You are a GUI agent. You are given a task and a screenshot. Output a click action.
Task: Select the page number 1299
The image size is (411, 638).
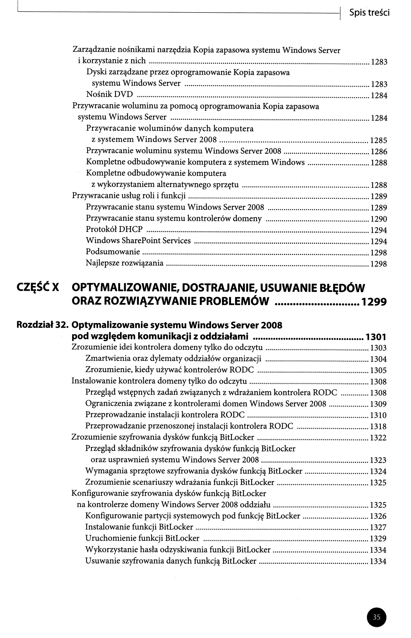[374, 302]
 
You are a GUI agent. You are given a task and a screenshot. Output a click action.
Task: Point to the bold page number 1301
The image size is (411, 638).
[376, 337]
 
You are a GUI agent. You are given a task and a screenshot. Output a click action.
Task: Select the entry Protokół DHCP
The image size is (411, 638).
[114, 229]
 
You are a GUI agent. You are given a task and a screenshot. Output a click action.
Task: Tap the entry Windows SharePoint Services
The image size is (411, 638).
[138, 240]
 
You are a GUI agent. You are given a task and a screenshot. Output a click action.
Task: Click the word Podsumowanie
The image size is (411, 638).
[113, 252]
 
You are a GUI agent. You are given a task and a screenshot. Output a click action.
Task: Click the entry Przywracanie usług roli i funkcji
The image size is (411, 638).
[129, 196]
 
